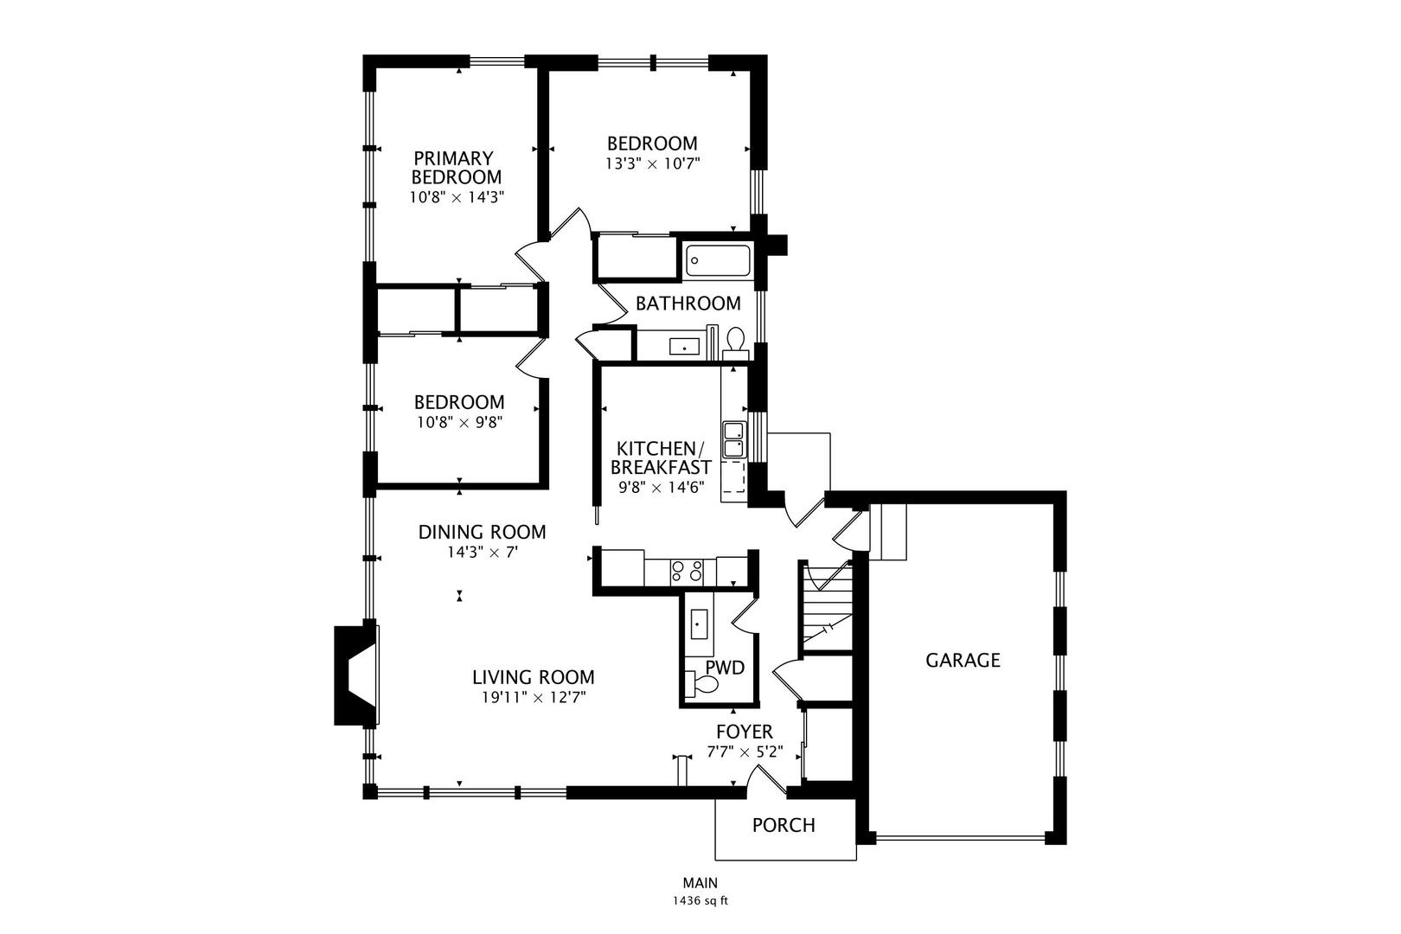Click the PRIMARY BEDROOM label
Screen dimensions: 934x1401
pos(456,168)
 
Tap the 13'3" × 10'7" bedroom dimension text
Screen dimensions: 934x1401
pos(652,162)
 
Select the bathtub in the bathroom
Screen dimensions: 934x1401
pos(718,261)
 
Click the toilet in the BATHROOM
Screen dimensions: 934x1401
pos(736,340)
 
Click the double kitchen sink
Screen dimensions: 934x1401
pos(733,439)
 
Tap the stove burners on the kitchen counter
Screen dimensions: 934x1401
pos(687,571)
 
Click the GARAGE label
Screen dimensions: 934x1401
pos(963,661)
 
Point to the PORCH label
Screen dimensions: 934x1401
pos(784,825)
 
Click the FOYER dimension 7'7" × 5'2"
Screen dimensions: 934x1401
pos(745,752)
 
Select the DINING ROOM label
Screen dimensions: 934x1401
pos(482,532)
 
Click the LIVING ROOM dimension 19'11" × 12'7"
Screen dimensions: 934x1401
pos(534,698)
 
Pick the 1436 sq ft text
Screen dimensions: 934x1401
pos(700,900)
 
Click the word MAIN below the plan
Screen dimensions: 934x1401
pos(700,883)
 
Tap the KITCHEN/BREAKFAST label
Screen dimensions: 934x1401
pos(661,457)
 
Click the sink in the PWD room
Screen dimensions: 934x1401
pos(698,622)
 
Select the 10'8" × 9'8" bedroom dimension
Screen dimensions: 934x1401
pos(458,422)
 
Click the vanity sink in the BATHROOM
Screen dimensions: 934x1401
pos(685,347)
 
